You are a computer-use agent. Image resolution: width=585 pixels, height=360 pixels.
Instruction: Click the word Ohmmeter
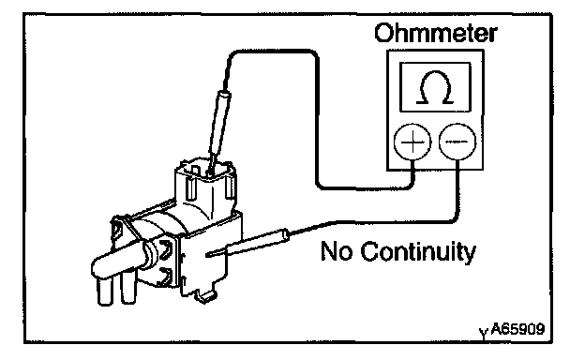tap(436, 33)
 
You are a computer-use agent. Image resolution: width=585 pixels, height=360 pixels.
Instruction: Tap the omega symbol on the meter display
tap(435, 87)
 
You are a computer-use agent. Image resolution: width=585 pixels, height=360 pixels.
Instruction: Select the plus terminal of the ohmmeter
tap(412, 142)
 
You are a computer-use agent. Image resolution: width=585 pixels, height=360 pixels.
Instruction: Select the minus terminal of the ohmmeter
tap(457, 142)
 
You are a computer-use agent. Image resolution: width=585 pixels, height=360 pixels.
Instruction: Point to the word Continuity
tap(418, 252)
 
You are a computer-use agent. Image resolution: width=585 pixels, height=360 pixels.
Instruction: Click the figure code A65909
tap(517, 329)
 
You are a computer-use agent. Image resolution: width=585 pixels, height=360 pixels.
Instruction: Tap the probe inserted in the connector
tap(219, 130)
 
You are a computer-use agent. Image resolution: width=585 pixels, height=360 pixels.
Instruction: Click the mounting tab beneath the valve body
tap(204, 296)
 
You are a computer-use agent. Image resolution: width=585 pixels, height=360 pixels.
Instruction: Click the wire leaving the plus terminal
tap(317, 119)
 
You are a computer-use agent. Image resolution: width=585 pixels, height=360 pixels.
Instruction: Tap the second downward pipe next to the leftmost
tap(127, 288)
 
